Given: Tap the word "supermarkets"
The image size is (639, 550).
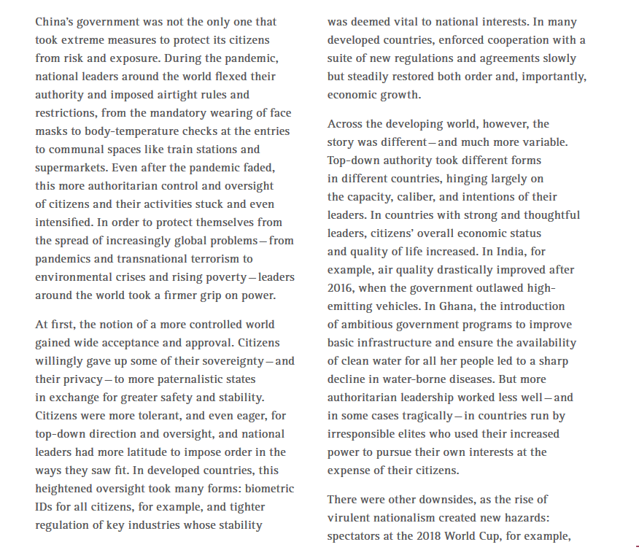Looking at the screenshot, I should (x=70, y=168).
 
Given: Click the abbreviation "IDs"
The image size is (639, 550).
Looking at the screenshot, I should (x=44, y=507).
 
